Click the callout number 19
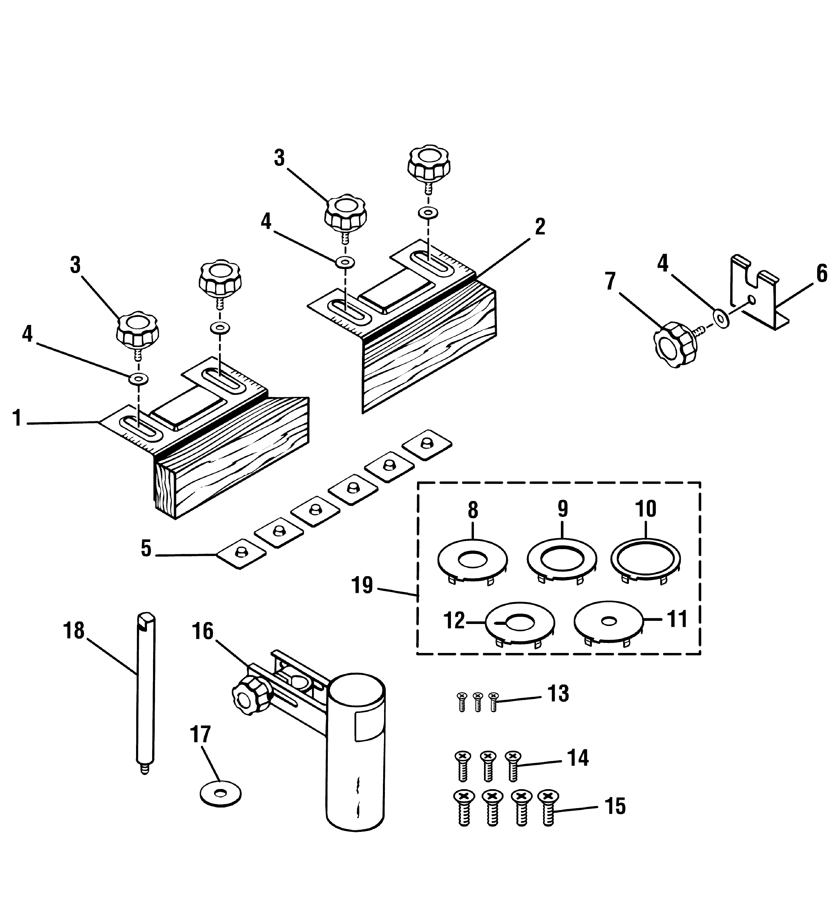click(x=362, y=586)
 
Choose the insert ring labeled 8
click(x=472, y=561)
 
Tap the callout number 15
click(x=615, y=806)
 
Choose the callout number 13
click(x=559, y=694)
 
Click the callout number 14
click(x=578, y=758)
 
